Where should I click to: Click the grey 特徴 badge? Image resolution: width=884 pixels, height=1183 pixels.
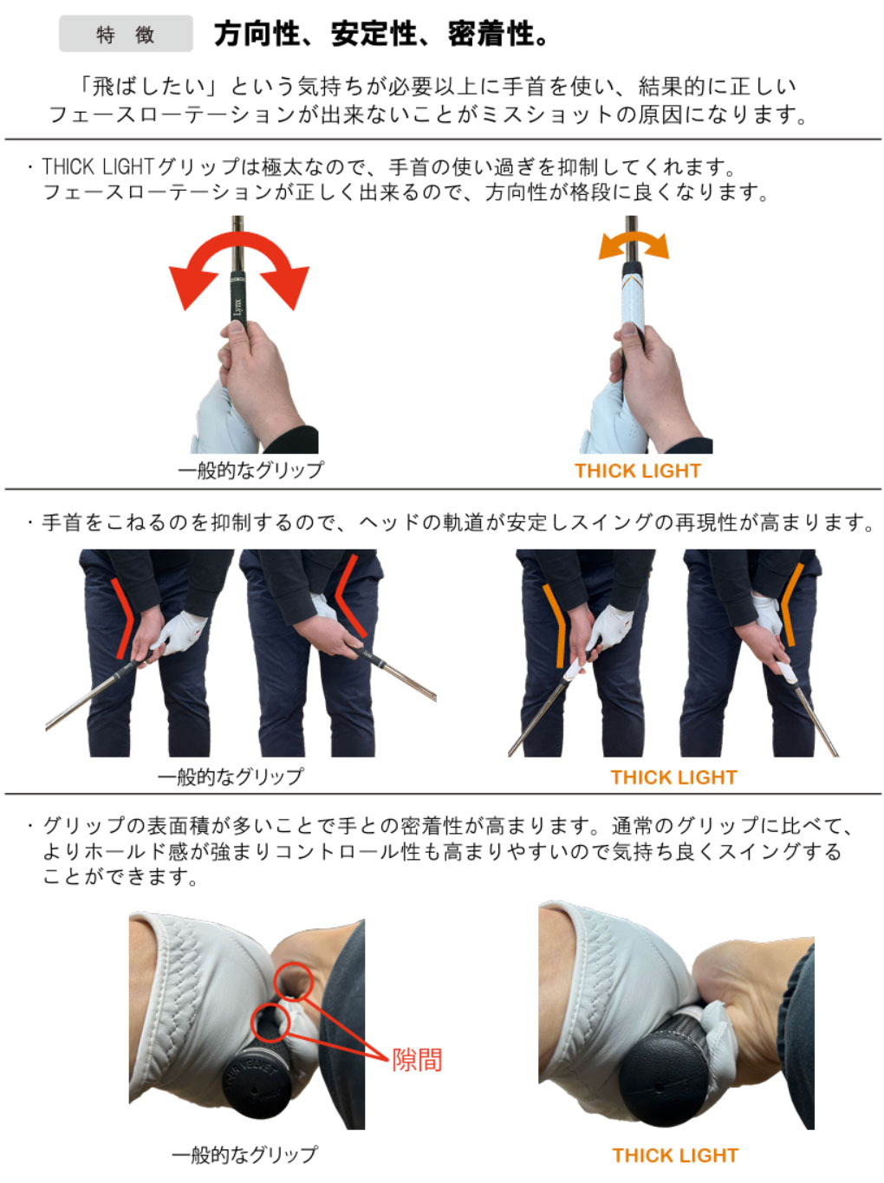pos(126,34)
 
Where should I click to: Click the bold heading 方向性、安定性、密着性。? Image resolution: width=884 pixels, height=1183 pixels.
pos(382,34)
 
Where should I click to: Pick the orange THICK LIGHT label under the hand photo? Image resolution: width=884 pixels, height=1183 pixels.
pos(637,471)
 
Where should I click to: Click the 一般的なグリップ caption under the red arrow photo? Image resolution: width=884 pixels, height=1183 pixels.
pos(250,470)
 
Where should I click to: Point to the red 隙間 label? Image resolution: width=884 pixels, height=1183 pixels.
pos(416,1060)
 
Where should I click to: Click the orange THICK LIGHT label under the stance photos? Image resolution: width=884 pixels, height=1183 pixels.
pos(673,777)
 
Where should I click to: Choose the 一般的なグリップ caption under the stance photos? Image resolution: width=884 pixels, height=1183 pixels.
pos(230,776)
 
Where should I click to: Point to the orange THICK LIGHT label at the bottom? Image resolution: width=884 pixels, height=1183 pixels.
pos(675,1155)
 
